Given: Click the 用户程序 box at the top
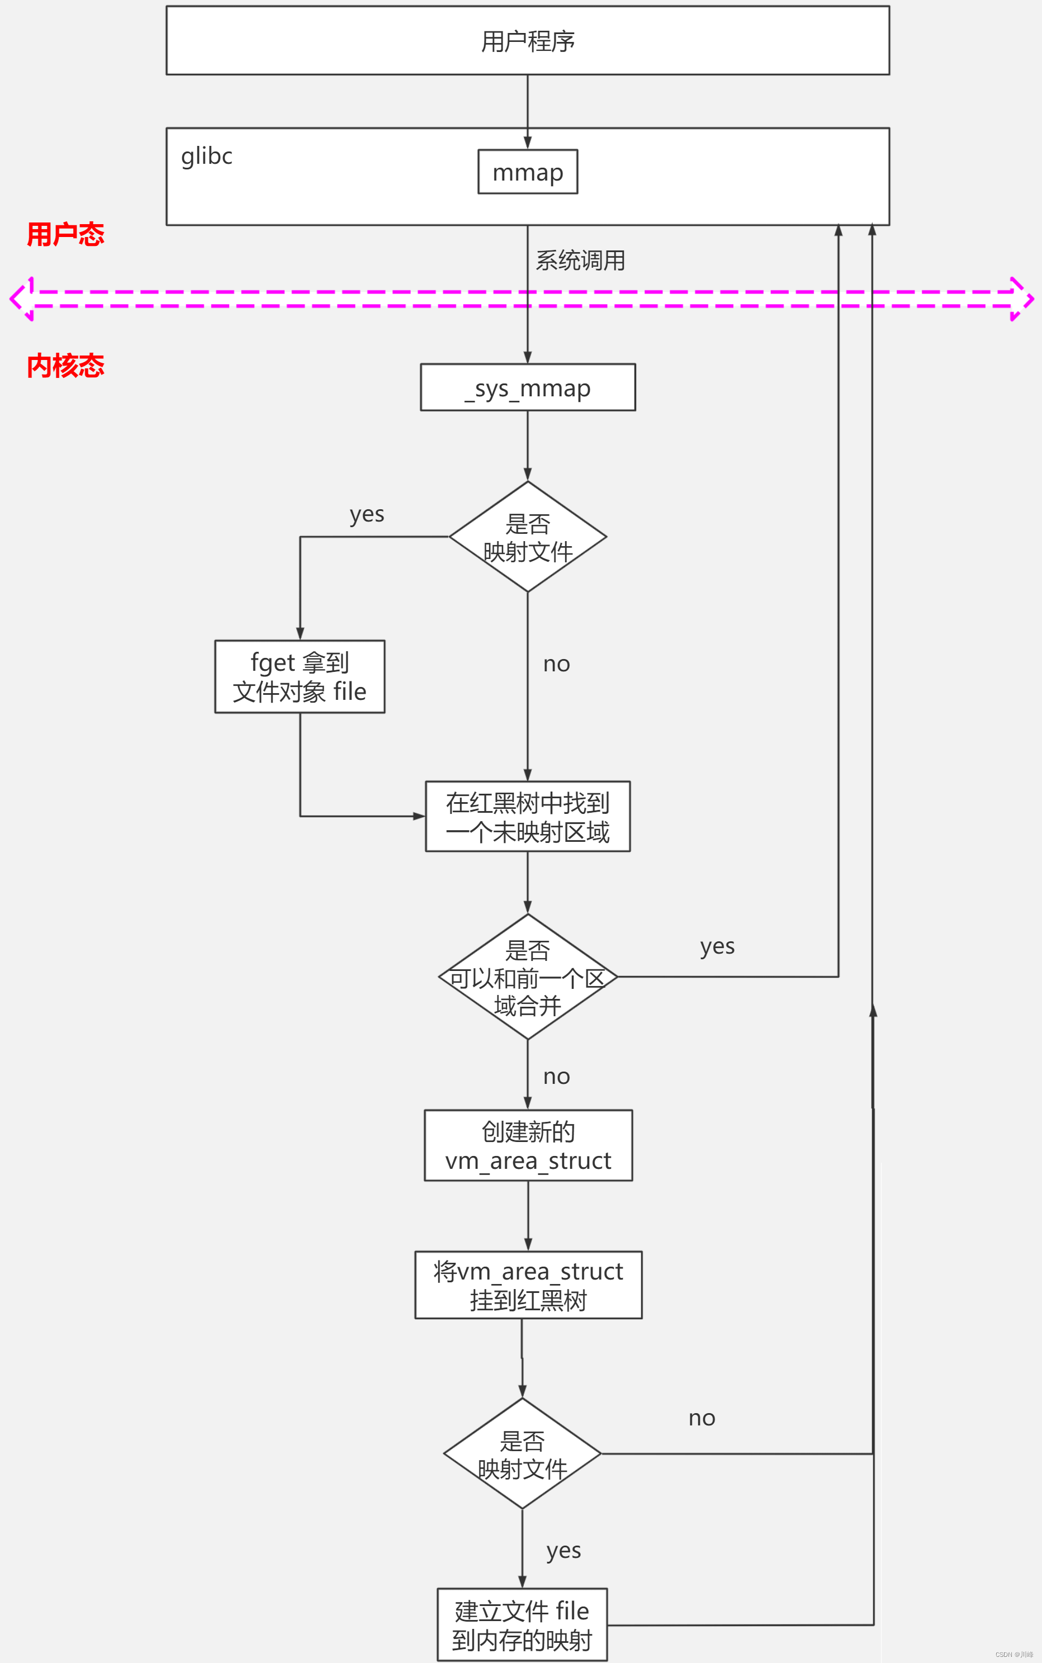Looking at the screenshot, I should click(527, 41).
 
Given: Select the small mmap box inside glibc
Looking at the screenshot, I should click(527, 172).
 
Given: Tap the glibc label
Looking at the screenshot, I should click(206, 157).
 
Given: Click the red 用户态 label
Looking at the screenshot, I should click(65, 234).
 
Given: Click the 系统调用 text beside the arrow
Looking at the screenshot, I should click(580, 260).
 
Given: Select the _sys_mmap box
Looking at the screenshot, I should click(527, 387).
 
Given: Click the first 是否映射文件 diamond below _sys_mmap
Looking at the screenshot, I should click(527, 536).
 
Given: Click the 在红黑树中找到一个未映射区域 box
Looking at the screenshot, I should click(527, 816).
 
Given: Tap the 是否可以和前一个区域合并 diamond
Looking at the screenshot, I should click(527, 977).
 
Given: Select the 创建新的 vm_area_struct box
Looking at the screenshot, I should click(528, 1145).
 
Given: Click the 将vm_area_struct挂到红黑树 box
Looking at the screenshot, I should click(528, 1285).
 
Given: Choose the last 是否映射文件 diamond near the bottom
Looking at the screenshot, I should click(522, 1453).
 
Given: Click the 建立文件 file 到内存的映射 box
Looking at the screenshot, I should click(522, 1624).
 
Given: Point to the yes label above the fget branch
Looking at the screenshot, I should click(367, 515).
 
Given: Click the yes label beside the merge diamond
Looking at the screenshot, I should click(717, 946).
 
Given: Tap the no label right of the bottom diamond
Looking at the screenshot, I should click(702, 1418).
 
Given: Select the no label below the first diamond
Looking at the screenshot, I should click(556, 665).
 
